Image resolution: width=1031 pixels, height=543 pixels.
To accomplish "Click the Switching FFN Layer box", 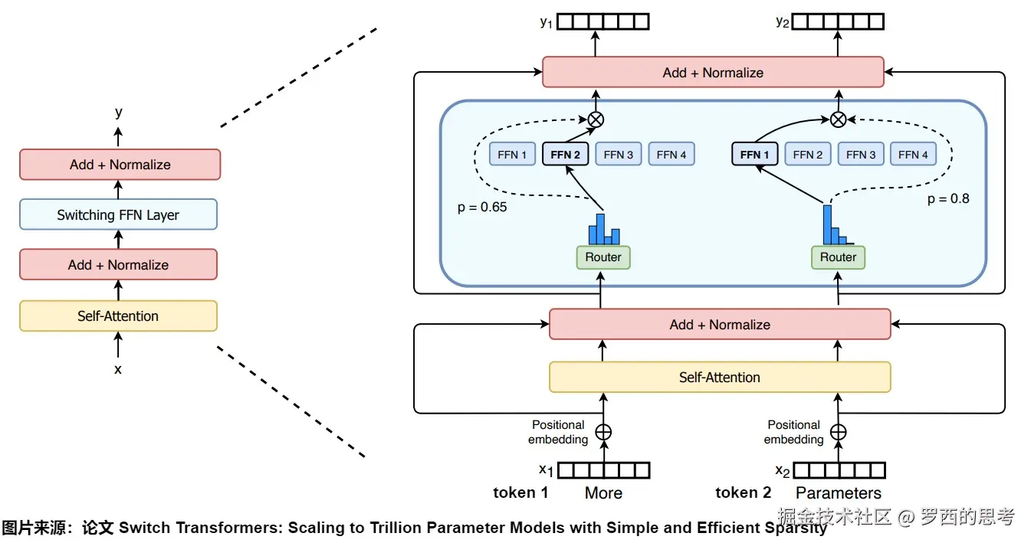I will click(118, 215).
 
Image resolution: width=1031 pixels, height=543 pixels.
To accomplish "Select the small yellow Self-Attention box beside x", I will click(118, 316).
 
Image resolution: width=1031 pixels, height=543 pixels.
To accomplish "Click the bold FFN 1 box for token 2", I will click(754, 155).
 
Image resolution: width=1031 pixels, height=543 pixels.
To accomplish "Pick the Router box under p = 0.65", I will click(603, 257).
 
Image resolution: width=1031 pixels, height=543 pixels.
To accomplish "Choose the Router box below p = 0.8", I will click(838, 257).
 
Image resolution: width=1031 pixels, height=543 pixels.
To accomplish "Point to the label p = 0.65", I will click(482, 208).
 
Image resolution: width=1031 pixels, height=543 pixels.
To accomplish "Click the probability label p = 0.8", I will click(948, 199).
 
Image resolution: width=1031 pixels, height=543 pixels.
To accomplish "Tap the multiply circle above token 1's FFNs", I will click(596, 119).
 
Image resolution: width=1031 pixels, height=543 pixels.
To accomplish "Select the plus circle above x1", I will click(603, 432).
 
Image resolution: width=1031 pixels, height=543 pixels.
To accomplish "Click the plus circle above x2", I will click(839, 432).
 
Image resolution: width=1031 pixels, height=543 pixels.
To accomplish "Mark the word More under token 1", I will click(603, 493).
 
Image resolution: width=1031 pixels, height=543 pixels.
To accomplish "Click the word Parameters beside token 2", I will click(839, 493).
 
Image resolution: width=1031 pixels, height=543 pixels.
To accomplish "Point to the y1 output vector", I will click(603, 21).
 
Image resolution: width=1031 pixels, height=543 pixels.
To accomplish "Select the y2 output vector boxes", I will click(838, 21).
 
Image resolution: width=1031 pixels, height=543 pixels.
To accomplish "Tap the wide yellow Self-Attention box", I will click(720, 377).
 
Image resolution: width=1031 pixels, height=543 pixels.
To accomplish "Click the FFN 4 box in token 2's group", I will click(913, 155).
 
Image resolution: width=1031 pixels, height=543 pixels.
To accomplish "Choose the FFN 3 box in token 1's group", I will click(619, 155).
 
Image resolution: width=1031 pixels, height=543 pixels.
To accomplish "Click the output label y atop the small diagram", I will click(118, 113).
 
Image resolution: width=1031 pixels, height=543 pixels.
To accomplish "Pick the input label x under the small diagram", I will click(118, 369).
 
